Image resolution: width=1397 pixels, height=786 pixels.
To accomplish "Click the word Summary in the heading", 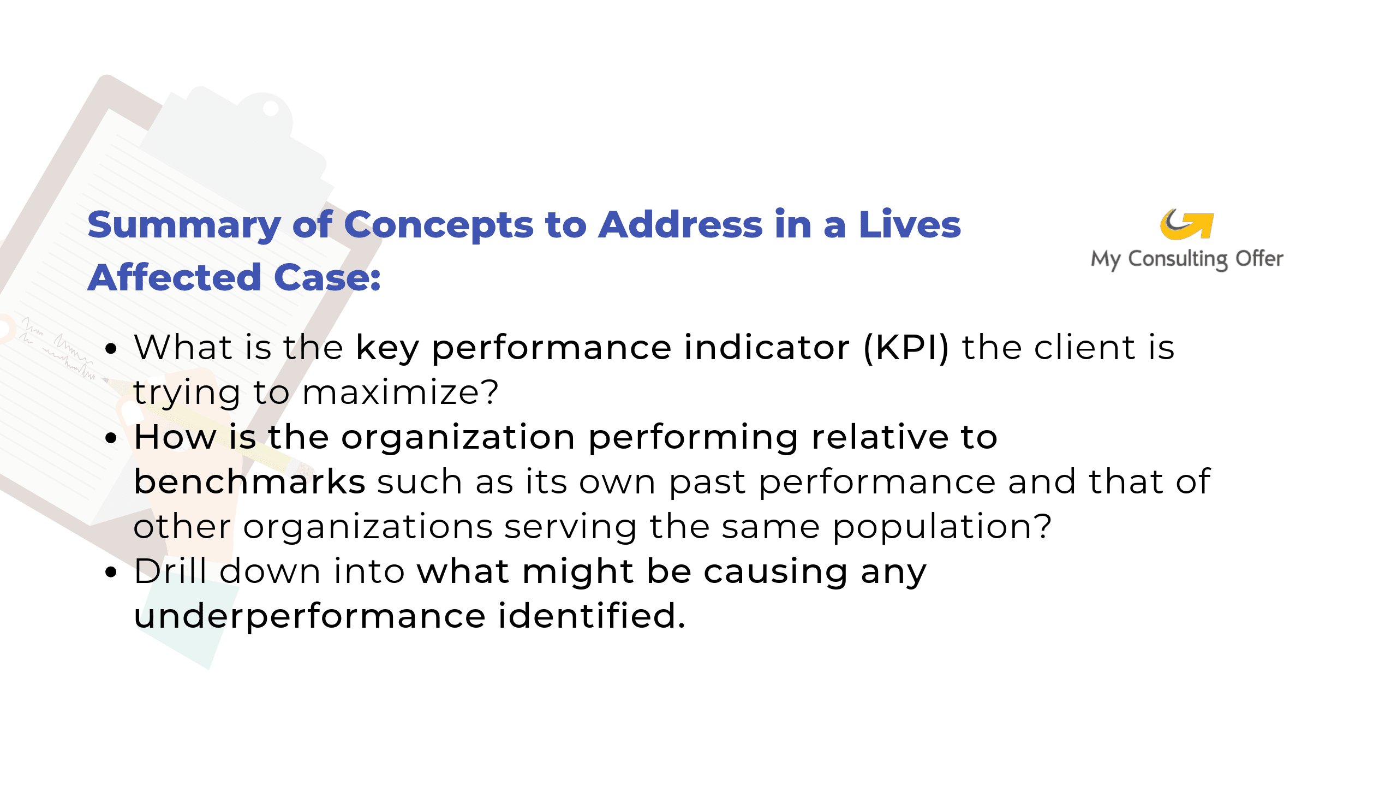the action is [x=184, y=225].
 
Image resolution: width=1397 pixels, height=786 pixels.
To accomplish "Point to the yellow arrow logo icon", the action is [x=1187, y=224].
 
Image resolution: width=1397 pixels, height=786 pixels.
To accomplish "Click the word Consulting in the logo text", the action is [x=1179, y=259].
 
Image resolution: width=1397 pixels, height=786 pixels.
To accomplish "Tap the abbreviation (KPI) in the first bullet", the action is [x=906, y=348].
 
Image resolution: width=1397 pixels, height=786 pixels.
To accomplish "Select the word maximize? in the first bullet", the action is [x=401, y=392].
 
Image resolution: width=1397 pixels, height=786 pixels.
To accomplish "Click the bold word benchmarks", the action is [x=249, y=481].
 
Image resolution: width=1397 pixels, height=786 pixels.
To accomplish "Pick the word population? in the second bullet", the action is [x=942, y=527].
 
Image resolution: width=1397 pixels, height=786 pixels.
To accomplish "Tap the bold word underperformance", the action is [x=309, y=617].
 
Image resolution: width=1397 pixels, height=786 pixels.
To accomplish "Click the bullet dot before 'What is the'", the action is [x=111, y=348].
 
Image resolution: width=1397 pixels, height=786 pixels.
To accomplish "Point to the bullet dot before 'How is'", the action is [x=111, y=438].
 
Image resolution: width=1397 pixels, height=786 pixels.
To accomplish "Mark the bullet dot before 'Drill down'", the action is [x=111, y=572].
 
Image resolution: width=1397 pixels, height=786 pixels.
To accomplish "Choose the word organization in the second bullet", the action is [x=458, y=438].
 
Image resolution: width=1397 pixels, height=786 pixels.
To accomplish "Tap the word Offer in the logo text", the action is [x=1259, y=258].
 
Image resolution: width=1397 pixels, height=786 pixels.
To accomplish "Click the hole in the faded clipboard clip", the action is [x=270, y=108].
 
